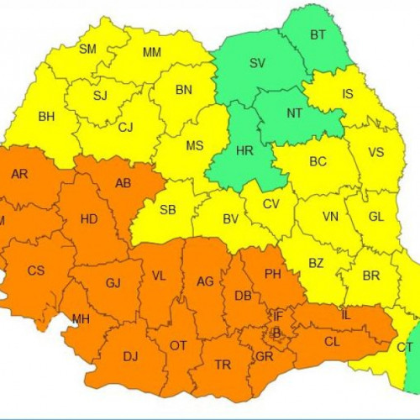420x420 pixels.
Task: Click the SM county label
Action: tap(88, 50)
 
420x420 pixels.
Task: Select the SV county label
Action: tap(257, 63)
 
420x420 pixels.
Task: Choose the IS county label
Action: tap(347, 94)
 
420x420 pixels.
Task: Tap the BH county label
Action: tap(47, 117)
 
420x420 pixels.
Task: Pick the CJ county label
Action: tap(126, 128)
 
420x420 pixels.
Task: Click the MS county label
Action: tap(195, 145)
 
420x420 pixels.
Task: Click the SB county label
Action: tap(168, 210)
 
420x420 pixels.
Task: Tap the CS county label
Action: tap(36, 270)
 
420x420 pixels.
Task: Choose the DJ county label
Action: tap(131, 356)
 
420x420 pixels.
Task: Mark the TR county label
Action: tap(223, 365)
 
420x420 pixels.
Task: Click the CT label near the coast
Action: tap(405, 347)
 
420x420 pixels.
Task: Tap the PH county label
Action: tap(273, 274)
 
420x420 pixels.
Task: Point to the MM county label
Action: tap(152, 53)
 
